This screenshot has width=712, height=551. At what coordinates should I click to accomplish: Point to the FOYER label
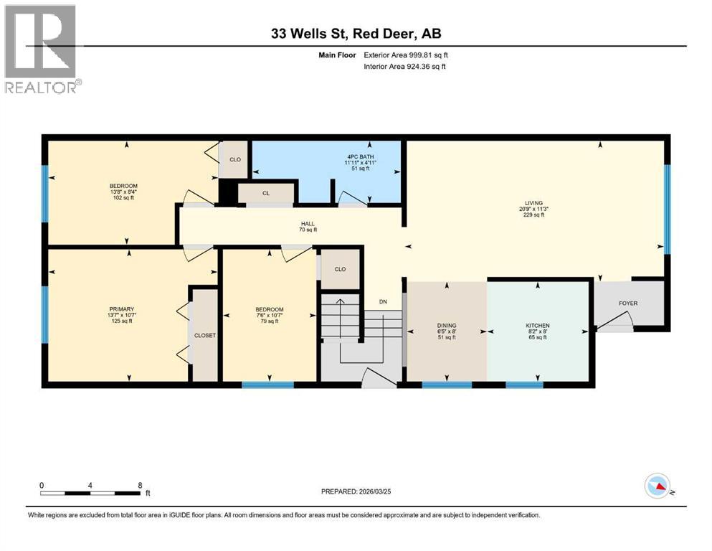tap(628, 303)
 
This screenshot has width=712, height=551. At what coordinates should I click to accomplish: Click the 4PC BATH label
tap(371, 157)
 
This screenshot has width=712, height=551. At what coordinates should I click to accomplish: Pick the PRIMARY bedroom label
tap(120, 309)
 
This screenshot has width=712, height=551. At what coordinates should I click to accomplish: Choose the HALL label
tap(308, 223)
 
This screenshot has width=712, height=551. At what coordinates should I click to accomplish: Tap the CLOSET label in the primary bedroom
tap(205, 335)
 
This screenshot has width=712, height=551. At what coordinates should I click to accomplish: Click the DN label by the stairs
tap(383, 302)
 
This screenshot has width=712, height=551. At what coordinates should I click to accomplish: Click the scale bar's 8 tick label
tap(139, 485)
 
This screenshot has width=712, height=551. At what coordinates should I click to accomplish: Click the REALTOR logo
tap(41, 49)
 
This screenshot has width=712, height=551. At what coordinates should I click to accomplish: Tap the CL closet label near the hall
tap(266, 193)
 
